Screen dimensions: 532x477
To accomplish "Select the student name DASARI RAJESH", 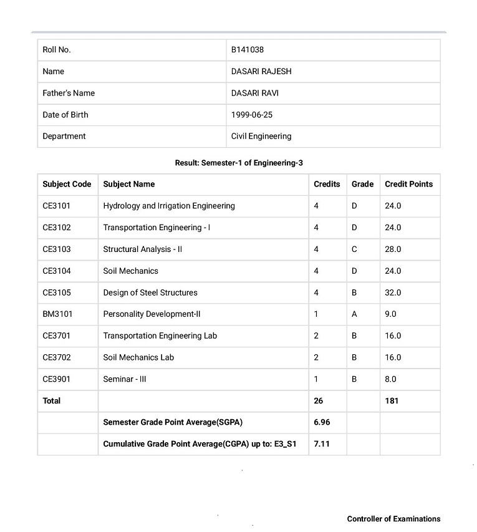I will point(261,72).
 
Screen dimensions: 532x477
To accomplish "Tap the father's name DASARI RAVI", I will point(254,94).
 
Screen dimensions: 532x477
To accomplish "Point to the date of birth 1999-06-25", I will point(252,115).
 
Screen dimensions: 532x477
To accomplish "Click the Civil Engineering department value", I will point(261,137).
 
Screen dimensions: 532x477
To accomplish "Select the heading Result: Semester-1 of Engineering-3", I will point(239,163).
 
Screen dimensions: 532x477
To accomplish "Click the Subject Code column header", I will point(67,184).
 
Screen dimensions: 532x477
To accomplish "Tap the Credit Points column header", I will point(408,184).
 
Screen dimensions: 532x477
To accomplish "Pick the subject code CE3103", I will point(57,249).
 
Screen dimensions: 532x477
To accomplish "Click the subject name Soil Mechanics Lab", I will point(138,357).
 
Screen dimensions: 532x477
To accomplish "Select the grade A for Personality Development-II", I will point(354,314).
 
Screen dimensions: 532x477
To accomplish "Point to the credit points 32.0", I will point(393,293).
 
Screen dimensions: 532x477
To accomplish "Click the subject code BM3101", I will point(57,314).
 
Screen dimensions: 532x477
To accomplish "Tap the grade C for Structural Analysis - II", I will point(354,249).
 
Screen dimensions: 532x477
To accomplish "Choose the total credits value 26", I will point(319,401).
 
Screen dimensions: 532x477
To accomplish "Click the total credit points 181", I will point(392,401).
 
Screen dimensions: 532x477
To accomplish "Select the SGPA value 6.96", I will point(322,422).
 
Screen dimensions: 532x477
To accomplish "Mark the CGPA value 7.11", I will point(321,444).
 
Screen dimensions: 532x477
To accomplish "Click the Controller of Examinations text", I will point(393,519).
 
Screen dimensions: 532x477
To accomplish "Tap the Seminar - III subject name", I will point(125,379).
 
